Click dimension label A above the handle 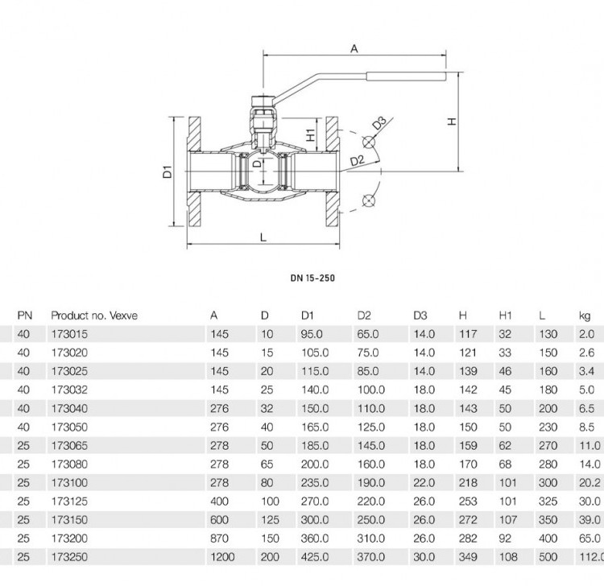pos(354,48)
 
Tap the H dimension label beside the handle pos(452,122)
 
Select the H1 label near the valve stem pos(311,134)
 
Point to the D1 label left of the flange pos(168,171)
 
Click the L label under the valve pos(263,237)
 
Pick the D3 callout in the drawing pos(379,124)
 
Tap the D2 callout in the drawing pos(357,160)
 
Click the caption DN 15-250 pos(312,278)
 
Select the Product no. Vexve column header pos(94,316)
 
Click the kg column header pos(585,316)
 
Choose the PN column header pos(25,316)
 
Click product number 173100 pos(70,482)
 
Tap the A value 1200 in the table pos(222,557)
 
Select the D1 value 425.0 pos(315,557)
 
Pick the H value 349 pos(468,557)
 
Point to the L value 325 pos(548,501)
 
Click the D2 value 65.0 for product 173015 pos(368,334)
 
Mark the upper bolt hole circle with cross pos(369,142)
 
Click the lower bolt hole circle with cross pos(369,200)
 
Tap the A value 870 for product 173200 pos(220,539)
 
